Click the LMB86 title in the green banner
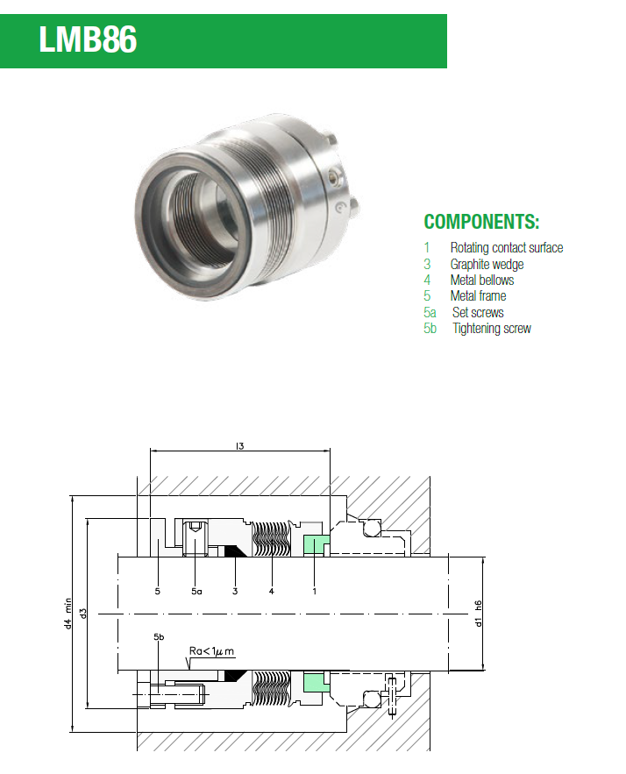(88, 39)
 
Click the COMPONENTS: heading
(481, 222)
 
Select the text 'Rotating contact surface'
(507, 248)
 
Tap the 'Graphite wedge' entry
(487, 265)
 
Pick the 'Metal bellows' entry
(482, 280)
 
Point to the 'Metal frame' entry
(478, 296)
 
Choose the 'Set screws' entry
(478, 312)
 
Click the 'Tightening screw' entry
(492, 329)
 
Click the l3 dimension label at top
(239, 446)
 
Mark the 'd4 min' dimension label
(68, 614)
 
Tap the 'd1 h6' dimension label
(478, 614)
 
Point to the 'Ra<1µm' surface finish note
(212, 651)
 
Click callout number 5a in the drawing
(196, 591)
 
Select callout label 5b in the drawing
(159, 636)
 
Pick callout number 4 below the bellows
(271, 591)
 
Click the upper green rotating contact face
(316, 544)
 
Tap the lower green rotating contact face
(316, 682)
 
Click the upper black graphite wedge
(236, 550)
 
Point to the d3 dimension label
(83, 613)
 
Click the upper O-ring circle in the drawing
(371, 529)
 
